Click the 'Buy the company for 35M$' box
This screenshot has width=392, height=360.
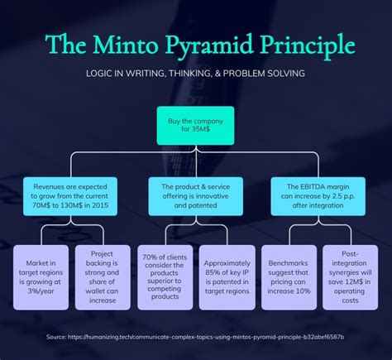click(x=195, y=126)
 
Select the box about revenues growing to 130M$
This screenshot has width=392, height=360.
click(x=70, y=196)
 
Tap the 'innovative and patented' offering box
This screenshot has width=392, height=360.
click(x=196, y=196)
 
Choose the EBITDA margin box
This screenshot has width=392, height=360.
click(x=318, y=196)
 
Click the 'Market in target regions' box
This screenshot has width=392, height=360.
click(x=41, y=277)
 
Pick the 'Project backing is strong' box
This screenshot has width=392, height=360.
click(x=103, y=277)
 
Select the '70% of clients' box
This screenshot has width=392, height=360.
click(x=165, y=277)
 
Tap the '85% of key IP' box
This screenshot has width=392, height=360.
click(x=227, y=277)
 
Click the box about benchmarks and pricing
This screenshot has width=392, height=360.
click(x=289, y=277)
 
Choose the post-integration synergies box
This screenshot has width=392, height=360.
click(x=351, y=277)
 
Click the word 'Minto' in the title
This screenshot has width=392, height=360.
click(x=126, y=45)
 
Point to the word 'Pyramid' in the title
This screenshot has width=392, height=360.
click(x=209, y=46)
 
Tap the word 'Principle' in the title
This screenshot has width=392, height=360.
click(x=308, y=46)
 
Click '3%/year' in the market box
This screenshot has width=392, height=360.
click(x=41, y=291)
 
